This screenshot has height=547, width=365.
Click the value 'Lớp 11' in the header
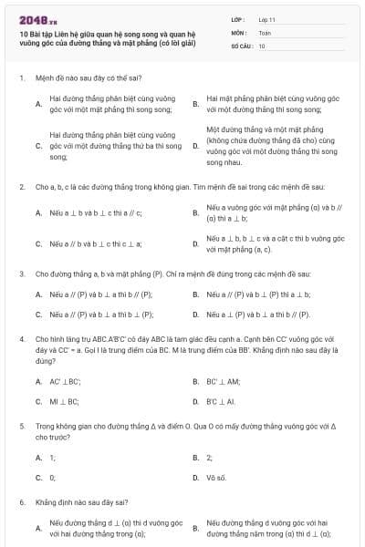(x=266, y=19)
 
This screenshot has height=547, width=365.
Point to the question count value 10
(x=262, y=45)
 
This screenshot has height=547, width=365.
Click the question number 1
(x=21, y=78)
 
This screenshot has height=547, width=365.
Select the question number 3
(x=21, y=273)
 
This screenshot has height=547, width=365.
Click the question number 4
(x=21, y=338)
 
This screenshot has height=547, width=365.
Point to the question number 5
(x=21, y=426)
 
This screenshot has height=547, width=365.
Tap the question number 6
(x=21, y=501)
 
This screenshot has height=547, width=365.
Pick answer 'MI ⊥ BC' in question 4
(x=64, y=401)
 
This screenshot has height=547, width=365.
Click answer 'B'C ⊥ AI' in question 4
(x=221, y=401)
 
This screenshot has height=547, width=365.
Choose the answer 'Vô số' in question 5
(x=216, y=477)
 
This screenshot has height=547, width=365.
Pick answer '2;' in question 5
(x=210, y=457)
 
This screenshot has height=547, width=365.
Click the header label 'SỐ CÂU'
(x=242, y=45)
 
